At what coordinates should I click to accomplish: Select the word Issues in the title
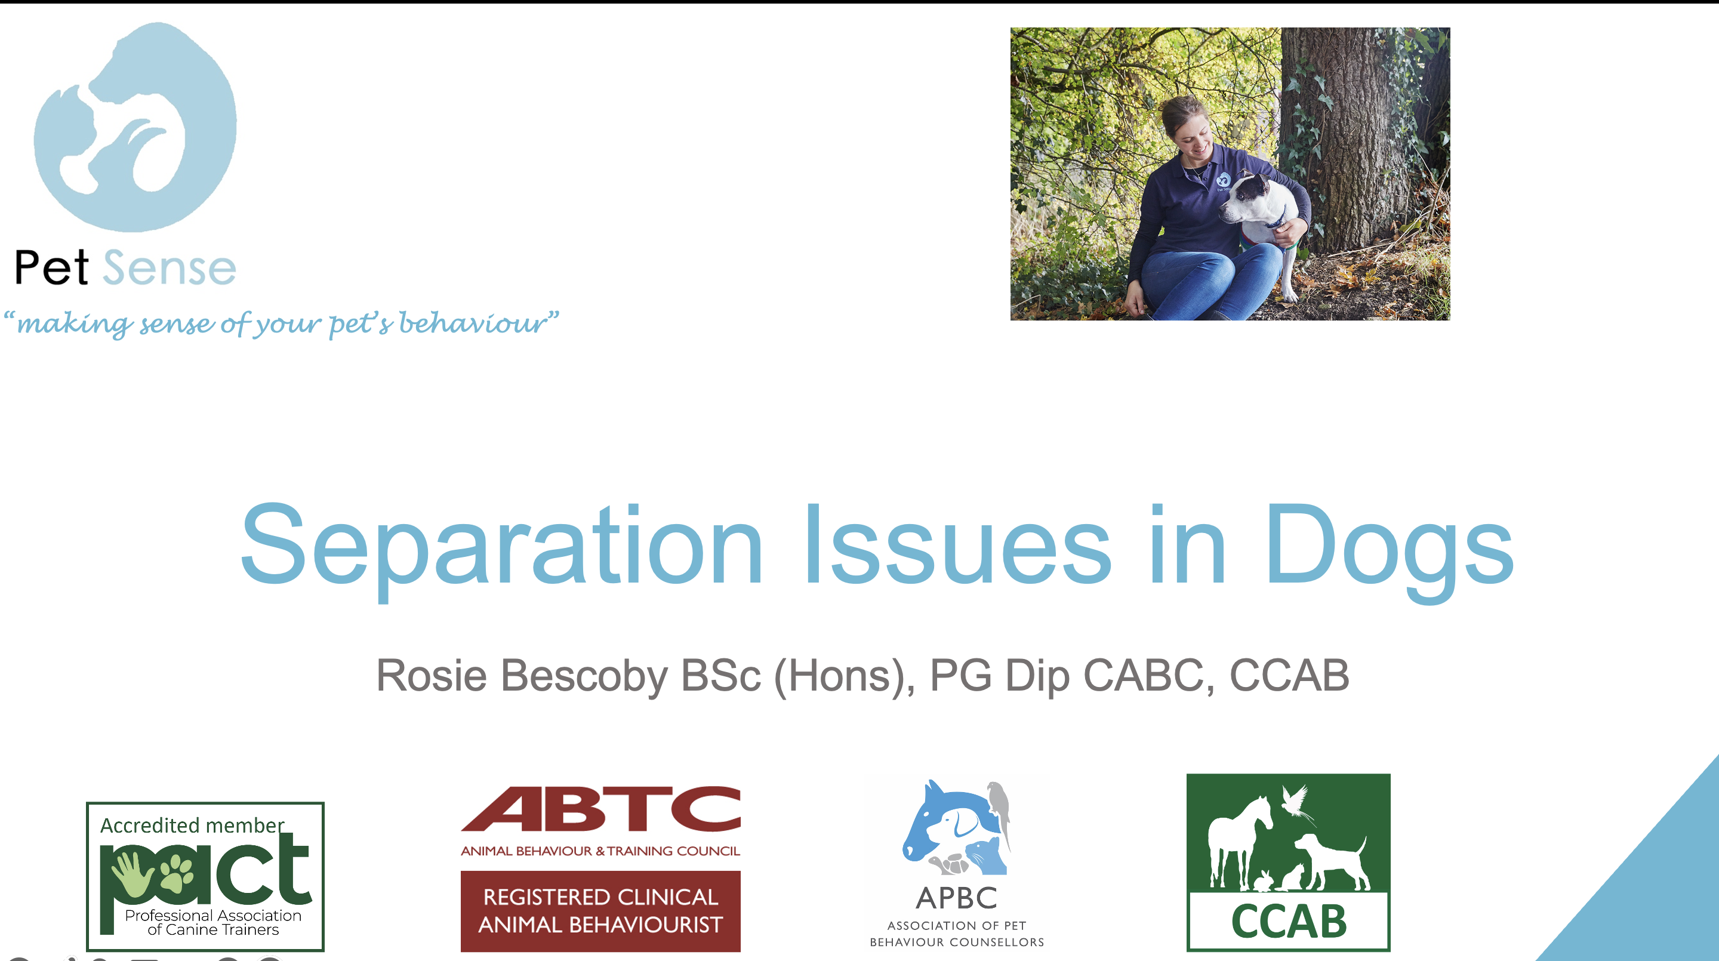coord(958,544)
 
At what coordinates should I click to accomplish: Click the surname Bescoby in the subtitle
coord(584,676)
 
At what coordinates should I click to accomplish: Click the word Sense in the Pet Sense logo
coord(170,267)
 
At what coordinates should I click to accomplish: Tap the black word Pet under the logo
coord(51,267)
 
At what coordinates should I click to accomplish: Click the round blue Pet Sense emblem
coord(135,127)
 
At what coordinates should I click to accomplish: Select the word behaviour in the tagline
coord(473,323)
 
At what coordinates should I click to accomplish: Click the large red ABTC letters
coord(600,809)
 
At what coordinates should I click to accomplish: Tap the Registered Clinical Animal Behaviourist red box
coord(600,911)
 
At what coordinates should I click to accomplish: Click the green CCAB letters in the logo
coord(1289,922)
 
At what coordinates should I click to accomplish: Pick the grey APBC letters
coord(956,898)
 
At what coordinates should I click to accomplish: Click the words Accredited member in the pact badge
coord(192,826)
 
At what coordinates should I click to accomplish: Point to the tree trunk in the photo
coord(1355,134)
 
